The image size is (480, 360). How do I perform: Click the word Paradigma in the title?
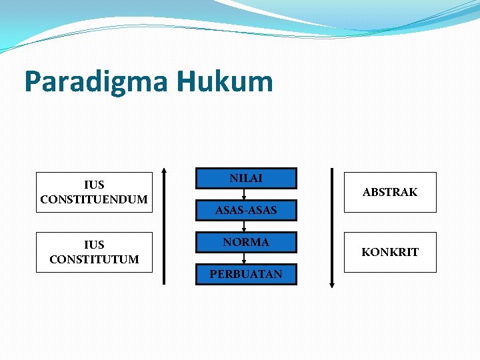(x=96, y=83)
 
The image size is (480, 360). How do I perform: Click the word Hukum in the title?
(x=225, y=81)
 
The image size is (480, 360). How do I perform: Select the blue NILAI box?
(x=246, y=178)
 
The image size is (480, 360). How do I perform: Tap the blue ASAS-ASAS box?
(x=246, y=211)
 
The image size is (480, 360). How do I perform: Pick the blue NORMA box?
(x=246, y=243)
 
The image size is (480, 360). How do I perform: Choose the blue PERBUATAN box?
(x=246, y=274)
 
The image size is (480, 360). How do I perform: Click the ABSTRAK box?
(x=390, y=192)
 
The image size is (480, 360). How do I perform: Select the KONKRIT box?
(x=390, y=252)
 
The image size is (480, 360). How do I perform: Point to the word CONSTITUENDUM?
(x=94, y=199)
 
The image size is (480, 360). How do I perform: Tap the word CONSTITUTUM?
(x=94, y=259)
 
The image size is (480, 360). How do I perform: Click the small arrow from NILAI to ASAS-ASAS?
(x=245, y=194)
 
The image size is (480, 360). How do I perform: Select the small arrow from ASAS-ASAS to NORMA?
(x=245, y=227)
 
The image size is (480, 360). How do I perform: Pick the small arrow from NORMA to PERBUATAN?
(x=245, y=259)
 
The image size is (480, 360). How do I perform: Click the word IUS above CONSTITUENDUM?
(x=94, y=185)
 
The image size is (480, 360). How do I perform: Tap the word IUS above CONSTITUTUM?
(x=94, y=245)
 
